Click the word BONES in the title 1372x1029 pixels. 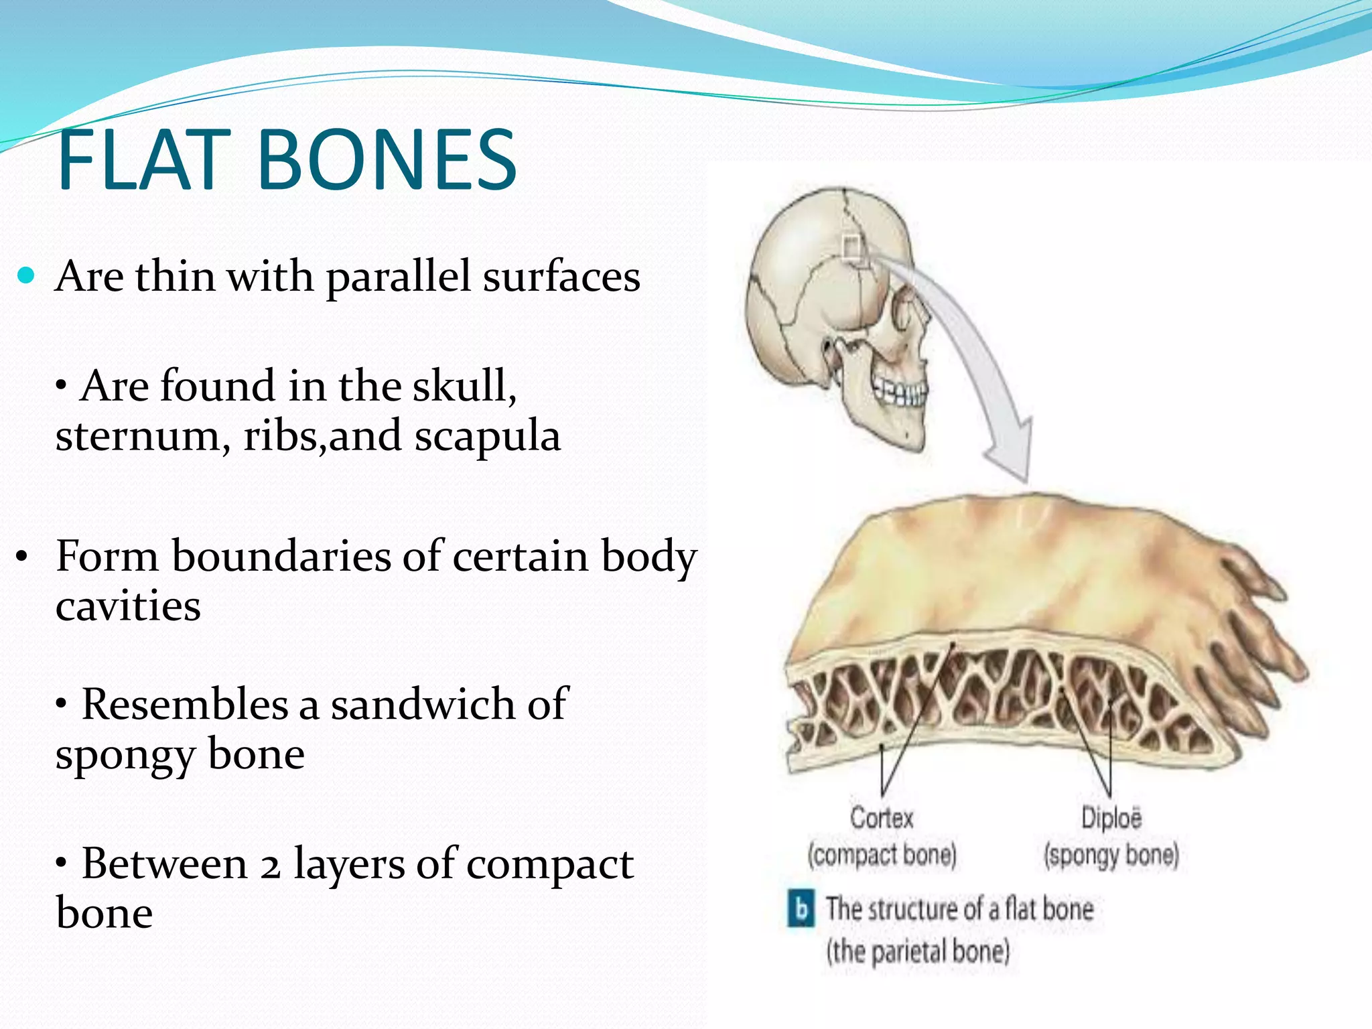click(x=387, y=161)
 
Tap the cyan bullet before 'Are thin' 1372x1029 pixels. click(x=26, y=275)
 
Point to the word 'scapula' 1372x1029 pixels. click(x=487, y=436)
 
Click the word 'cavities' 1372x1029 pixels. click(x=128, y=606)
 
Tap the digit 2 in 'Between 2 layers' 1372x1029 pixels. click(x=270, y=866)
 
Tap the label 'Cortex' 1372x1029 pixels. click(x=882, y=818)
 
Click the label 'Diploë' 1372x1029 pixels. click(x=1111, y=818)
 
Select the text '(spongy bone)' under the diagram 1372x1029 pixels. click(x=1111, y=855)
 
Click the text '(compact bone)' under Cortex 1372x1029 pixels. click(x=882, y=855)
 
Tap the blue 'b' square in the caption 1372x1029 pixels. click(x=801, y=909)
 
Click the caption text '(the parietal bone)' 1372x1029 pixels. click(x=917, y=951)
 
